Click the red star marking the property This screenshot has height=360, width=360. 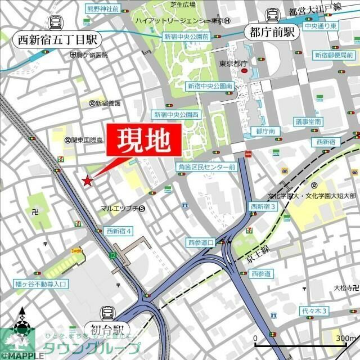coord(87,181)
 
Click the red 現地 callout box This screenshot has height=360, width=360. coord(144,140)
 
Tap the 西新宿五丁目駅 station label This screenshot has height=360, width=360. coord(57,40)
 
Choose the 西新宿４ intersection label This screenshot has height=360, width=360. coord(119,231)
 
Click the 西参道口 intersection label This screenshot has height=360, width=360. coord(201,242)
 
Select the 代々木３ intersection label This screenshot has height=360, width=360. coord(314,311)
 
